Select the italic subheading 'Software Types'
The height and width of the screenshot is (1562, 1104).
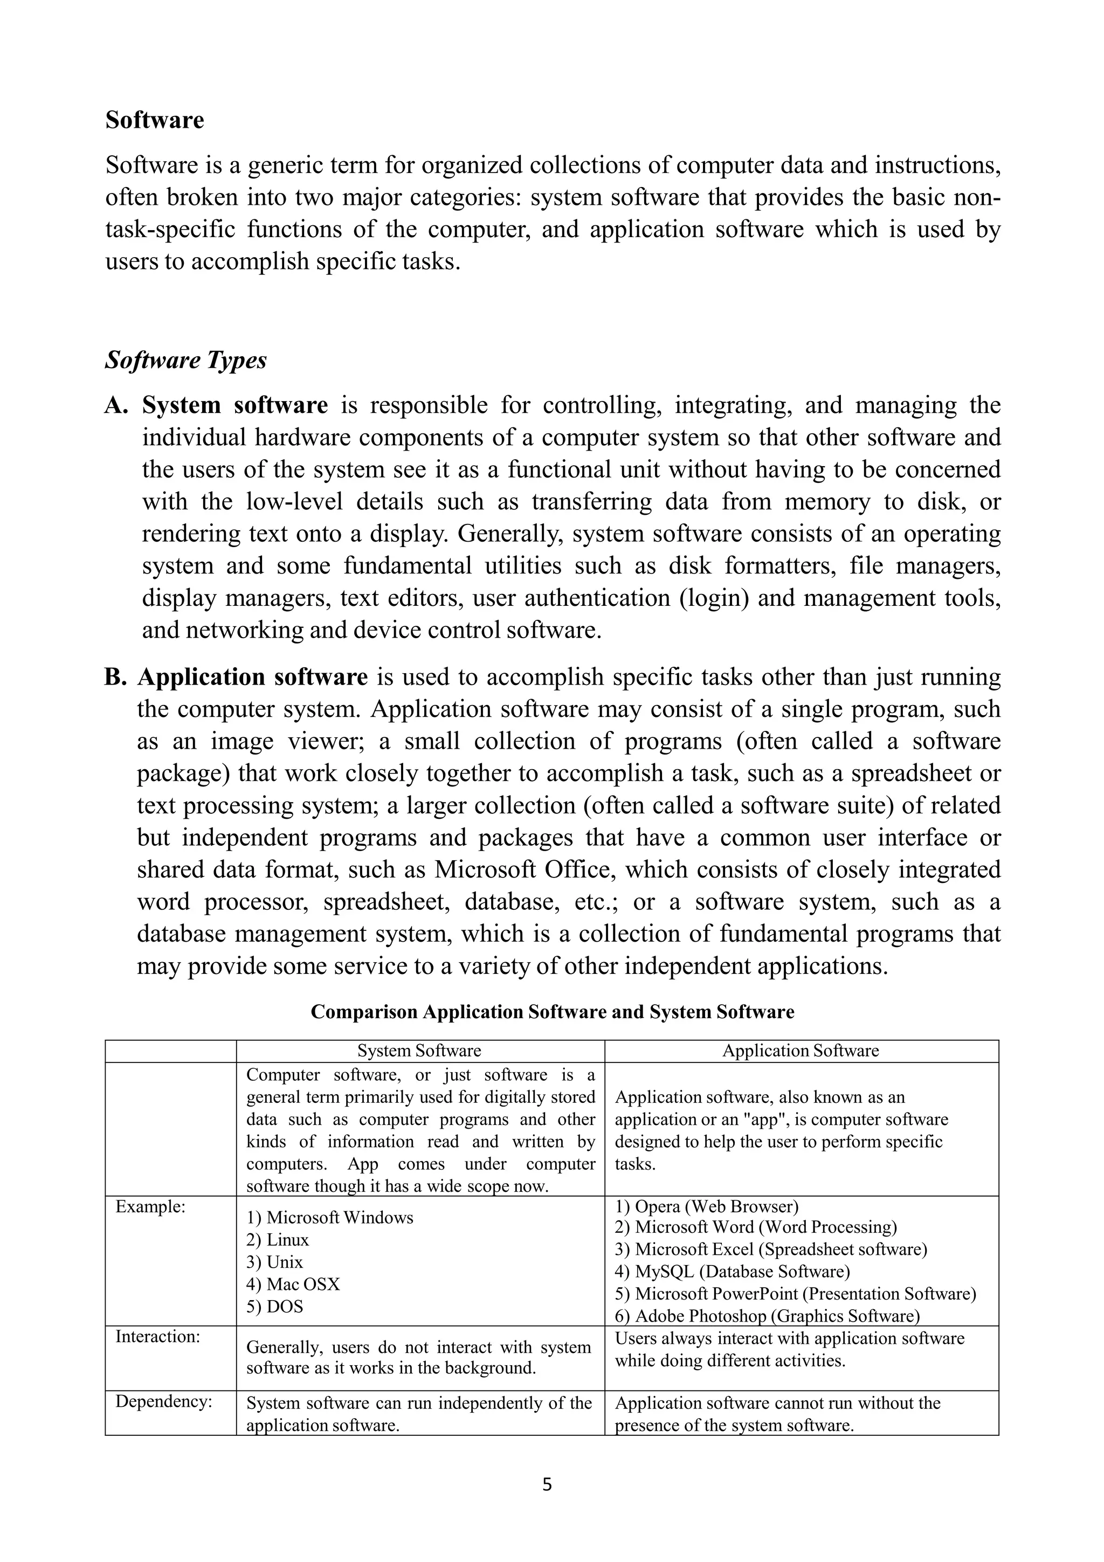pos(185,361)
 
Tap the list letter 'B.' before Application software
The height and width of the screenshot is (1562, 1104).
pos(116,678)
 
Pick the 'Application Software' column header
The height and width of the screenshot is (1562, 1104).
pos(800,1050)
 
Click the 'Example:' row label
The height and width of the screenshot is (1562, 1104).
pos(150,1207)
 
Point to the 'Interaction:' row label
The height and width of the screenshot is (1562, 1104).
pos(158,1337)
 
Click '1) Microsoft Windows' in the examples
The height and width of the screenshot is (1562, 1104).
pos(329,1218)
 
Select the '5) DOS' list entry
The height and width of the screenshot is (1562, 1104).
pos(274,1307)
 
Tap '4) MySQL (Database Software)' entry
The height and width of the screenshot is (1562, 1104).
pos(732,1271)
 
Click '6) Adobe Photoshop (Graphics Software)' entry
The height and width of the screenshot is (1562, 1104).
pos(767,1316)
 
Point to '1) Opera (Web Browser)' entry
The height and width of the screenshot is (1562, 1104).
pos(706,1207)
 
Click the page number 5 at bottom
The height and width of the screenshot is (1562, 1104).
pos(548,1485)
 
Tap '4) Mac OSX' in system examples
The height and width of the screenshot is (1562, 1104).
pos(293,1284)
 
